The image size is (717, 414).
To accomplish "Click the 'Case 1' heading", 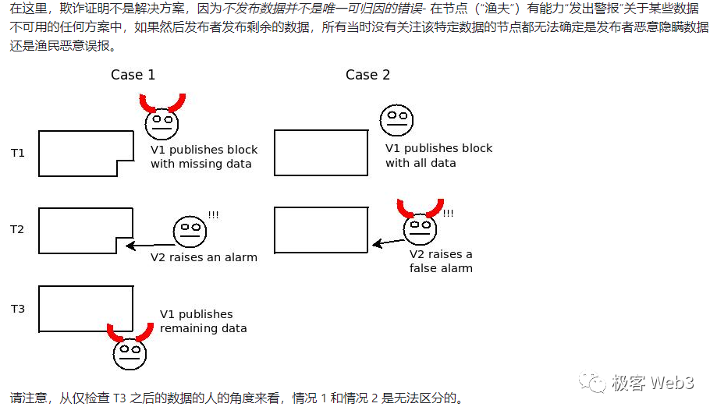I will (133, 75).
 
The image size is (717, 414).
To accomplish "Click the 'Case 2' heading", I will (367, 75).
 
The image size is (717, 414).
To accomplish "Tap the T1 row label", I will (17, 153).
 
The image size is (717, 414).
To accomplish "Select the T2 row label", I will (17, 229).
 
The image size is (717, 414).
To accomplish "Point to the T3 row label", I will (17, 309).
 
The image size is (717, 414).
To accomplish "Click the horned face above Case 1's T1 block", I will (162, 121).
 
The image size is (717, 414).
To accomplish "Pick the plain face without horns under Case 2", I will (396, 119).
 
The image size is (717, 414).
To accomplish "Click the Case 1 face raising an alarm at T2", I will (189, 230).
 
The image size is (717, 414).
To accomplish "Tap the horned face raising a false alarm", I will (420, 227).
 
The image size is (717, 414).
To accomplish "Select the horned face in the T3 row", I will (130, 352).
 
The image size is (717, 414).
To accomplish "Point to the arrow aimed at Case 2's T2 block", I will (388, 242).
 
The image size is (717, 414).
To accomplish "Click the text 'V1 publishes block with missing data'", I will (204, 157).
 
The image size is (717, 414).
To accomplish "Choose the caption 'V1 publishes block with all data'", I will (438, 156).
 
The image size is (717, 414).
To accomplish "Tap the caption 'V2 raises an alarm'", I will (204, 257).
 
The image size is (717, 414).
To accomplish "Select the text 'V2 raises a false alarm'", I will (441, 261).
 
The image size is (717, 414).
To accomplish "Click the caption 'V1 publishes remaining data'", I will (203, 321).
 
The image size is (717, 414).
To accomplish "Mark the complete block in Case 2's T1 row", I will (321, 153).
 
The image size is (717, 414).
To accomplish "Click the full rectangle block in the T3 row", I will (85, 310).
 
